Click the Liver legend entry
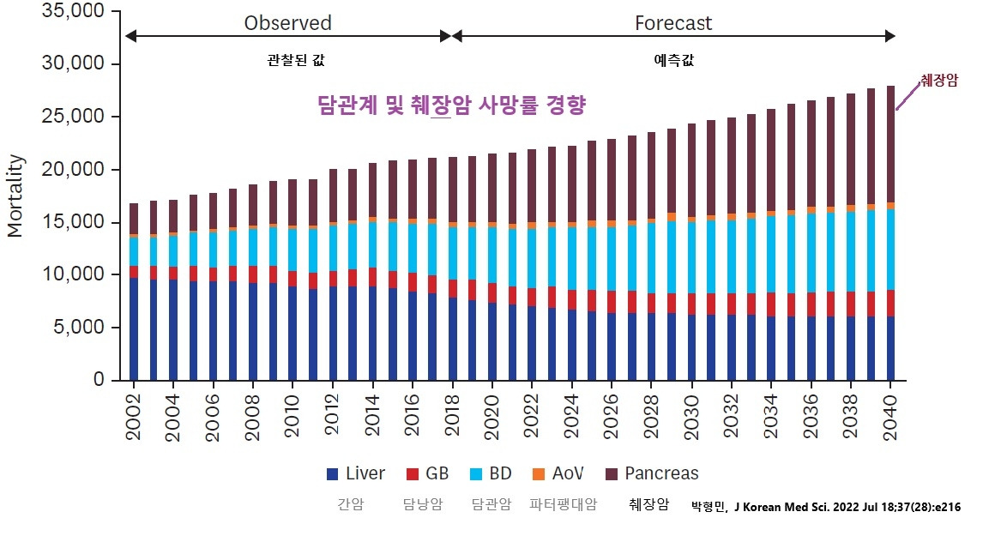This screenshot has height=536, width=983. coord(356,473)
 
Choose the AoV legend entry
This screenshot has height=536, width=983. coord(558,473)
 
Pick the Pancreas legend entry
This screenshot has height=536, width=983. coord(652,473)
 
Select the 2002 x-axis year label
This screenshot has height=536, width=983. coord(134,419)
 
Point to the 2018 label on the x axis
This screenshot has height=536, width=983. coord(453,419)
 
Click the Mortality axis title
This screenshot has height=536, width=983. coord(15,196)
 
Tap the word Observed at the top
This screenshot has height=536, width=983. coord(287,23)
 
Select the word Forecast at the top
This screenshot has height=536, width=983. coord(673,23)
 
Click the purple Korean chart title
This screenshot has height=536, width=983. coord(451,105)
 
